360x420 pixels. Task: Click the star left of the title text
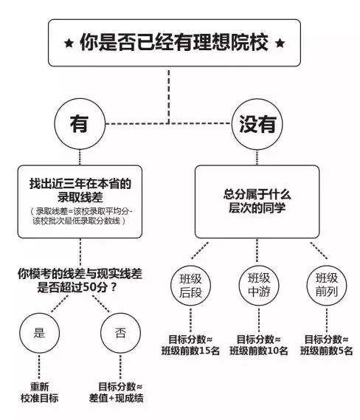click(x=69, y=43)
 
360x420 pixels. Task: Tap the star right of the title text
click(x=280, y=43)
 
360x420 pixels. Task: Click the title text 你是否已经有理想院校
click(x=174, y=42)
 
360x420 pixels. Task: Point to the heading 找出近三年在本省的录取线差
click(x=80, y=190)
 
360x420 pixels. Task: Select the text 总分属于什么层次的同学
click(x=257, y=201)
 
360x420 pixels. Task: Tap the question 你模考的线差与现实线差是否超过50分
click(x=80, y=280)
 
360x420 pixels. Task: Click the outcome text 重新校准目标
click(x=39, y=393)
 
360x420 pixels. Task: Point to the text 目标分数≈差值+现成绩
click(x=117, y=393)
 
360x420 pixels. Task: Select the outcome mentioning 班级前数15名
click(x=190, y=345)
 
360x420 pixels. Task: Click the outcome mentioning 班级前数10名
click(x=259, y=345)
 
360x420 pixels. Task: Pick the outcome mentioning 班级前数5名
click(x=327, y=345)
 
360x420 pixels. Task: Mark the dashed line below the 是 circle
click(x=39, y=367)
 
